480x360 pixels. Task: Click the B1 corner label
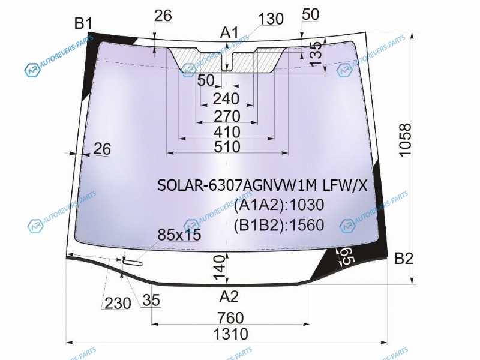click(x=83, y=23)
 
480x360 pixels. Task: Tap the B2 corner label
click(x=403, y=259)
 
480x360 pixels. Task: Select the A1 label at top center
click(x=229, y=33)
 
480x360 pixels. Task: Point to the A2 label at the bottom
click(x=229, y=296)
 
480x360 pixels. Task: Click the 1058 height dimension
click(x=406, y=140)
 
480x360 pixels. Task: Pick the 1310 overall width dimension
click(x=230, y=334)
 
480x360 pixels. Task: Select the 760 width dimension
click(x=231, y=318)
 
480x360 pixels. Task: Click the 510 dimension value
click(x=227, y=146)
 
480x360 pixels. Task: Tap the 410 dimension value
click(x=227, y=132)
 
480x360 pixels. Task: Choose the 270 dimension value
click(x=227, y=116)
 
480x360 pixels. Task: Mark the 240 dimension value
click(x=226, y=99)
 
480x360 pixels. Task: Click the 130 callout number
click(x=271, y=19)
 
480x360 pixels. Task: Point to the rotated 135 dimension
click(x=316, y=54)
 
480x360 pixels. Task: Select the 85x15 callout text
click(x=179, y=235)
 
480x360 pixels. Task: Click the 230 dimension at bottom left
click(x=118, y=304)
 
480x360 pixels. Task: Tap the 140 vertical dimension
click(x=219, y=268)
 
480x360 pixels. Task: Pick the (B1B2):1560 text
click(x=279, y=225)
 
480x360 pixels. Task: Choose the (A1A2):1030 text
click(x=279, y=205)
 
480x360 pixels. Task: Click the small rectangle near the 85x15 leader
click(x=133, y=262)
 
